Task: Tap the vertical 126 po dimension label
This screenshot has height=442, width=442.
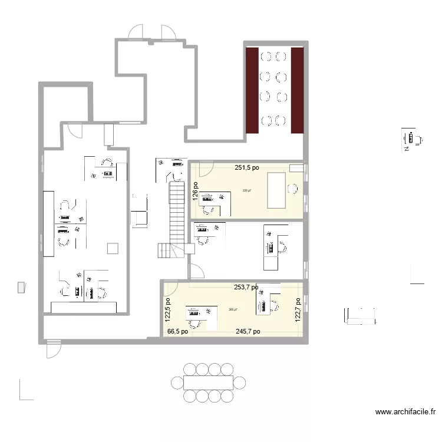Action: click(195, 192)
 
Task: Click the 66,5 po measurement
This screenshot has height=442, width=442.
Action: click(177, 332)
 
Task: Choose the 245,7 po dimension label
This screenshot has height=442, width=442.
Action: click(248, 332)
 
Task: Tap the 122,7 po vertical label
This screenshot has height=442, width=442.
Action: click(298, 308)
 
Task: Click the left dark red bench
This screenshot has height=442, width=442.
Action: click(252, 90)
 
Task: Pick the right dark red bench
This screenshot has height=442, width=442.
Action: click(297, 90)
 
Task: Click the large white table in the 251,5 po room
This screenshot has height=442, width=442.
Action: click(276, 190)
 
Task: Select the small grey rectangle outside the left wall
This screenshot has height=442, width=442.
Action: click(21, 287)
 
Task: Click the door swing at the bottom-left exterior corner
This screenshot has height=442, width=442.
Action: click(52, 349)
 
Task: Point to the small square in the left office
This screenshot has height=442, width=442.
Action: click(113, 249)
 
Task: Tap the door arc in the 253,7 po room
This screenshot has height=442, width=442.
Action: click(172, 289)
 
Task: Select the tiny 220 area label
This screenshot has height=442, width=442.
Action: click(246, 190)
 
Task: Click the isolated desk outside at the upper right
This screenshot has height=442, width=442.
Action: click(411, 140)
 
